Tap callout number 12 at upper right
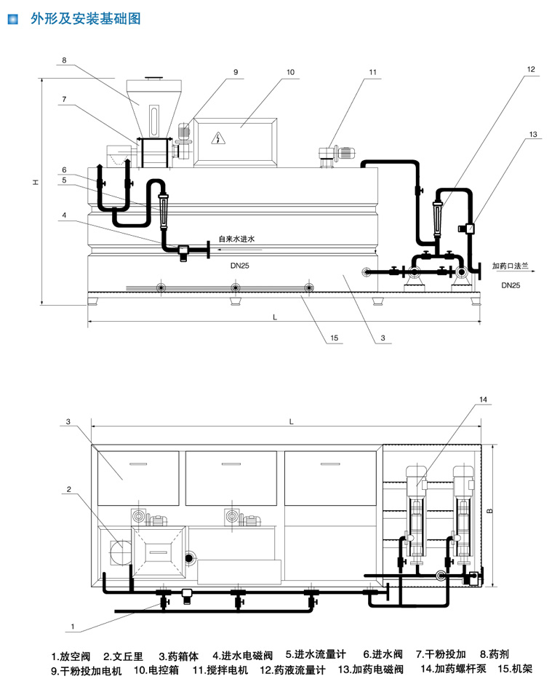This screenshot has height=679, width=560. [x=531, y=69]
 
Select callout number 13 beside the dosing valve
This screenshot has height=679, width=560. [x=533, y=135]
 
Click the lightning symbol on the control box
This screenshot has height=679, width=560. [x=218, y=138]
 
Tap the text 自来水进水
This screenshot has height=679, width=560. [x=237, y=238]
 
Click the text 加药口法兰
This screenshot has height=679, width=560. [x=510, y=266]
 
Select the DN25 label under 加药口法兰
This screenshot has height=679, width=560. [x=511, y=286]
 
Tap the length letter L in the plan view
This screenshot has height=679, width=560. [x=291, y=421]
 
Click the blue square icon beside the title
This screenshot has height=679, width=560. [x=12, y=20]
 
